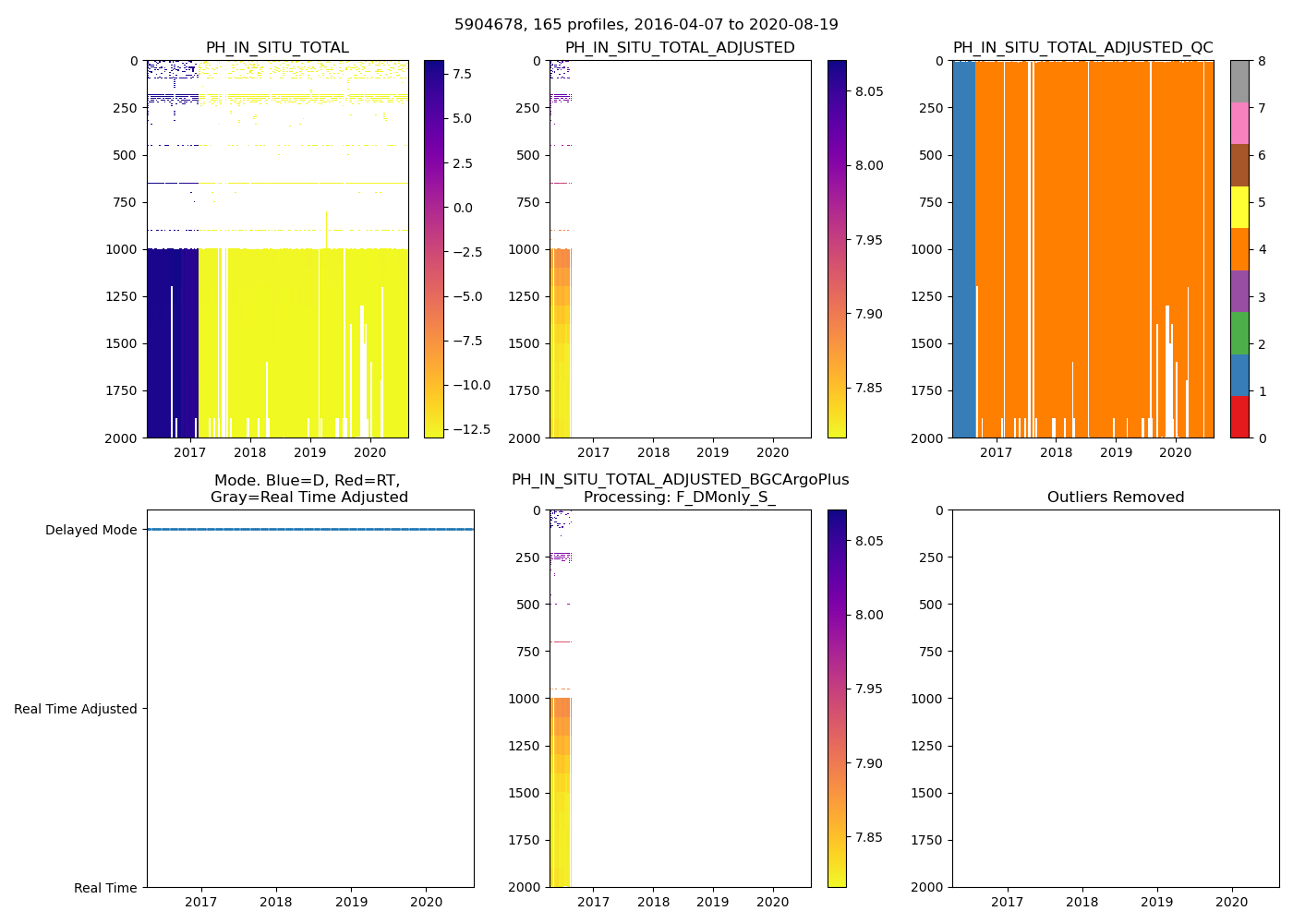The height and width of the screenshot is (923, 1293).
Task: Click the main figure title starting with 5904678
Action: click(x=646, y=25)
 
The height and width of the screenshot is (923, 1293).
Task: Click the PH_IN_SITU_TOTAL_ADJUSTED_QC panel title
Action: click(x=1082, y=48)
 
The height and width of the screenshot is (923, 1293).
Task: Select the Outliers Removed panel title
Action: click(x=1116, y=497)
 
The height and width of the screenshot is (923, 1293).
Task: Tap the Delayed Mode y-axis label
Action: click(x=91, y=530)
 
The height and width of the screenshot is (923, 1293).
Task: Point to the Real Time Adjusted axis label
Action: click(x=76, y=709)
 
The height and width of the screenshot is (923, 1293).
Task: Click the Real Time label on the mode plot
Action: click(x=105, y=888)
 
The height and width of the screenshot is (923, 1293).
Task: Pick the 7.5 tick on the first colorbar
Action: click(x=462, y=74)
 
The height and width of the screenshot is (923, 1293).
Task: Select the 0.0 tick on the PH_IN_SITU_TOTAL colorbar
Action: click(x=462, y=208)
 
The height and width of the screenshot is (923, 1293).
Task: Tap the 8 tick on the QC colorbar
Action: click(x=1256, y=61)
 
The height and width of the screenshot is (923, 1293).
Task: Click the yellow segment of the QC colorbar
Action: click(x=1239, y=207)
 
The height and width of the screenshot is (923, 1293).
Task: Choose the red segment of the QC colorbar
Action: click(x=1239, y=416)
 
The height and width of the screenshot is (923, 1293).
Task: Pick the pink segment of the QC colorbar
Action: click(x=1239, y=123)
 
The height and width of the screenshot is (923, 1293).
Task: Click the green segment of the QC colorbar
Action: click(x=1239, y=332)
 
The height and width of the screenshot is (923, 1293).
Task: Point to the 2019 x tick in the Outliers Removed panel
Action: click(x=1157, y=902)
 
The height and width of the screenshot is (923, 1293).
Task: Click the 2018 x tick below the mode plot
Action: click(x=276, y=902)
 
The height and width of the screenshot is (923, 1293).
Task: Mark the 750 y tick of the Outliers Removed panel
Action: click(x=930, y=652)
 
